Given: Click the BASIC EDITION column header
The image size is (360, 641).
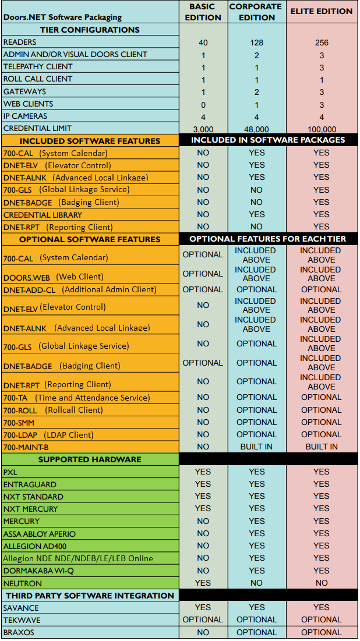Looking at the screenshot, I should click(x=203, y=12).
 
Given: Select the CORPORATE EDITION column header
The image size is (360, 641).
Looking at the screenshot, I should click(x=256, y=12).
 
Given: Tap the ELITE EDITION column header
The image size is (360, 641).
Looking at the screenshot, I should click(x=322, y=11).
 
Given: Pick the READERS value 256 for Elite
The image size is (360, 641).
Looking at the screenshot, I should click(x=322, y=43).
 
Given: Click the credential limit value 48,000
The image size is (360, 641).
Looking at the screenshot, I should click(x=256, y=129).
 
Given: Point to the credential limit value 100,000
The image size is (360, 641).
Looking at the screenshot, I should click(x=322, y=129).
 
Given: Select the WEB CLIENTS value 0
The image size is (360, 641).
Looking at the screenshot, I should click(x=203, y=104).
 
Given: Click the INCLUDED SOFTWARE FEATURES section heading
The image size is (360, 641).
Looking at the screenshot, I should click(x=90, y=141).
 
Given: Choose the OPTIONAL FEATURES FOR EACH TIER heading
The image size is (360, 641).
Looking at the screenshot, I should click(x=267, y=239).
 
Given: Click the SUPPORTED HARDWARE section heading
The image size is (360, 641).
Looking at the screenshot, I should click(x=90, y=459).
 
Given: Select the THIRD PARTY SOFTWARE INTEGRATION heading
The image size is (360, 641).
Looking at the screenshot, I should click(x=90, y=596).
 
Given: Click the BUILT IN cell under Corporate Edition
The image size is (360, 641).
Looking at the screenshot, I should click(x=256, y=447).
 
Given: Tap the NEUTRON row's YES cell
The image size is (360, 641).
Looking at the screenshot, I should click(x=203, y=583).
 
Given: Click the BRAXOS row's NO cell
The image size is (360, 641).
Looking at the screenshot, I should click(x=203, y=632).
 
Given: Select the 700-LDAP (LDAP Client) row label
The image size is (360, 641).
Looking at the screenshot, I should click(x=48, y=434).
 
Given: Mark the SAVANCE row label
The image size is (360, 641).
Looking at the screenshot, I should click(x=22, y=608).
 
